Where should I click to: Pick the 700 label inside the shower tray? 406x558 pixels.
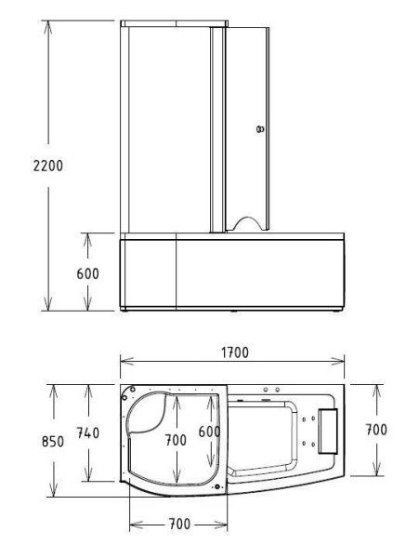click(x=176, y=440)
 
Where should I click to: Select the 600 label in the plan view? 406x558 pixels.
click(x=210, y=432)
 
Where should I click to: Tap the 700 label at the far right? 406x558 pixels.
click(x=375, y=430)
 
